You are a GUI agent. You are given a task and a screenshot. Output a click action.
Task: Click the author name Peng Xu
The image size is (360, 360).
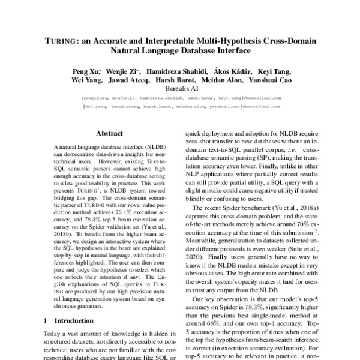(x=85, y=71)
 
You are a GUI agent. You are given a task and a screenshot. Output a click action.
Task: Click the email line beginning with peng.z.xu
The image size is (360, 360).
(x=179, y=99)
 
